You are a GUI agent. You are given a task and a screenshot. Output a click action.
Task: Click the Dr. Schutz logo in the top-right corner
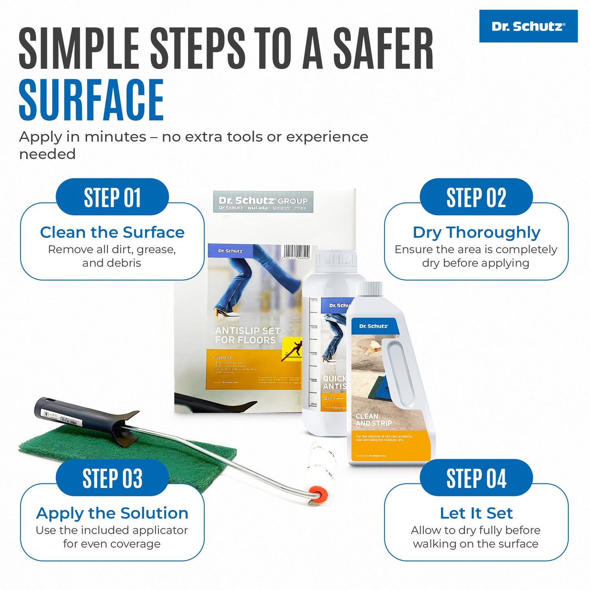point(528,26)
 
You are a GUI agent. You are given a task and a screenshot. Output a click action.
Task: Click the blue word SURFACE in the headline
point(91,100)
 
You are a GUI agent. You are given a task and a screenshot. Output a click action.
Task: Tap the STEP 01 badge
point(112,197)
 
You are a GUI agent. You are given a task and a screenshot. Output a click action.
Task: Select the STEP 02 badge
point(476,197)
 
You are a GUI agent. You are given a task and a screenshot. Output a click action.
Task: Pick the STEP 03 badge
point(112,478)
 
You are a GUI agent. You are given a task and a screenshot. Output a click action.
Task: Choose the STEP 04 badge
point(476,478)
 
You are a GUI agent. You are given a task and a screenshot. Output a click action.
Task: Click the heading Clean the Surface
point(112,232)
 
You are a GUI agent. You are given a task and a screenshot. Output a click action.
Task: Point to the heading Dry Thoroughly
point(476,232)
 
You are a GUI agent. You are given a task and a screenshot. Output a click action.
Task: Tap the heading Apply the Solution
point(112,513)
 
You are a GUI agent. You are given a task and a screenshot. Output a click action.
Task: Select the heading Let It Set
point(476,513)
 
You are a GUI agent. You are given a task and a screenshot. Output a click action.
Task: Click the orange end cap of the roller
point(318,494)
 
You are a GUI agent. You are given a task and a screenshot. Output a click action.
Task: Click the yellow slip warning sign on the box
point(292,350)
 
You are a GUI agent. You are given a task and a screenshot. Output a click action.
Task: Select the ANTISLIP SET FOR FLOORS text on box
point(247,335)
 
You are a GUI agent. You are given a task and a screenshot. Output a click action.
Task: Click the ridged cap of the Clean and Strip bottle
point(370,289)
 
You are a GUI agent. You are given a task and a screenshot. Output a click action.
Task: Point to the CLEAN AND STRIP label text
point(374,420)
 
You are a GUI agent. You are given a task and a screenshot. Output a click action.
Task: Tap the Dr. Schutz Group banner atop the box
point(263,202)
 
